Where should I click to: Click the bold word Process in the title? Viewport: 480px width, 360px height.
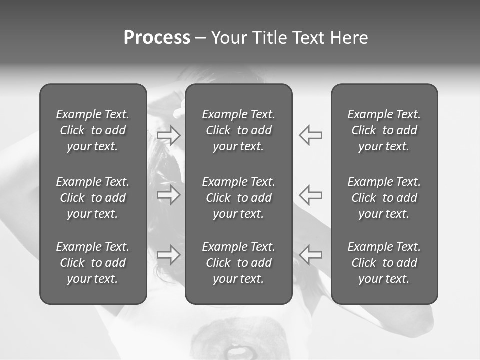[157, 38]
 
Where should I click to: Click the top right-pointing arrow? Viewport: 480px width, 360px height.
[169, 135]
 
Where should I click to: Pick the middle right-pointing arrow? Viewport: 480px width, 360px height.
[169, 194]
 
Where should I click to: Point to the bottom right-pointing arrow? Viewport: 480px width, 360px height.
[169, 255]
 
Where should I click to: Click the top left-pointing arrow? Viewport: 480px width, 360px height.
[310, 135]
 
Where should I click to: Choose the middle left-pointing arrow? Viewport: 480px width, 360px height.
[310, 194]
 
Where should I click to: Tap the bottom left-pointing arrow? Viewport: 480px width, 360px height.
[310, 255]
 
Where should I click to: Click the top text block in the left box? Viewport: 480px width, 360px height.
[93, 130]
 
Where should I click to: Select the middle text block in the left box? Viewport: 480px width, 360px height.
[93, 198]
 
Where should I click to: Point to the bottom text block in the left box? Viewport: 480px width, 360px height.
[93, 263]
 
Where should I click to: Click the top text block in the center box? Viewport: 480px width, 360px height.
[239, 130]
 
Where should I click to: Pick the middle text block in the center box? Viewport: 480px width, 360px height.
[239, 198]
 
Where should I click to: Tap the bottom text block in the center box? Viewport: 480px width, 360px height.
[239, 263]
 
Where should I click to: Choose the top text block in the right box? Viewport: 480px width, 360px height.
[384, 130]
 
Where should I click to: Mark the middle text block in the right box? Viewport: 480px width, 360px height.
[384, 198]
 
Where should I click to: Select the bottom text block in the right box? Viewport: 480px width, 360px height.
[384, 263]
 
